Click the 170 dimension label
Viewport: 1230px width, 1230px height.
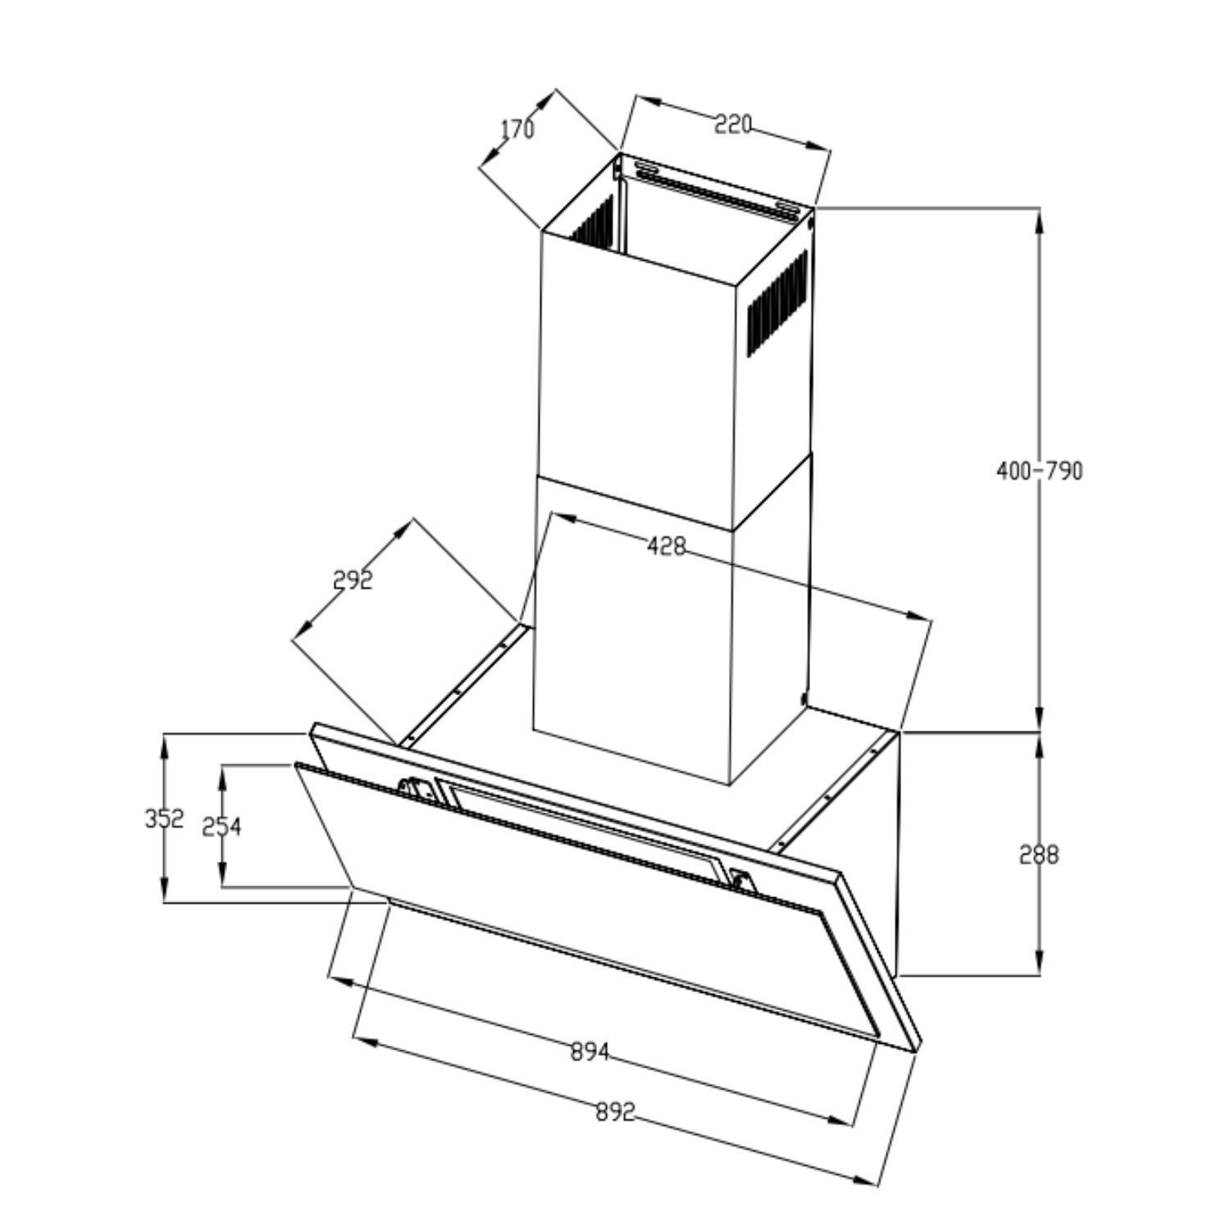coord(517,130)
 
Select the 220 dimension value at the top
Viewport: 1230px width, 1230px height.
coord(732,125)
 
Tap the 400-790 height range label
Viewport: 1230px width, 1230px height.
coord(1039,471)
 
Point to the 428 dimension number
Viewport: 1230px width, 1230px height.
coord(666,545)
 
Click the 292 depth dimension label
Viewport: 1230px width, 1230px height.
coord(353,580)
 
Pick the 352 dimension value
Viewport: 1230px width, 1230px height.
coord(164,818)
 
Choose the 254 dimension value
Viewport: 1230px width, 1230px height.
coord(222,827)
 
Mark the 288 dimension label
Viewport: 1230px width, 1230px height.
coord(1039,854)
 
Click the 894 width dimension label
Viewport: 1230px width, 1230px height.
coord(590,1051)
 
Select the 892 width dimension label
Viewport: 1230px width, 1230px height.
coord(616,1112)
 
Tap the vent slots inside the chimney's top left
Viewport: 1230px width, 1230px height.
coord(592,220)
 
